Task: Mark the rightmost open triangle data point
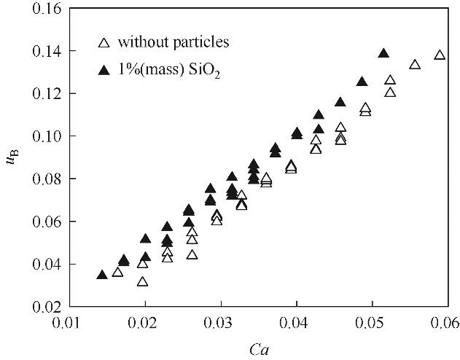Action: click(x=440, y=55)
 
